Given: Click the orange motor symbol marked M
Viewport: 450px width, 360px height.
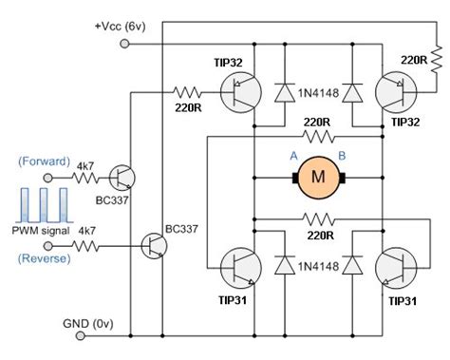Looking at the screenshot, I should [319, 176].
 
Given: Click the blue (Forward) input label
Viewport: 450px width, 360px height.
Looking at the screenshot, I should [43, 162].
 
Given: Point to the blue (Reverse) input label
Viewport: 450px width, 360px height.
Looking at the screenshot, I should [43, 258].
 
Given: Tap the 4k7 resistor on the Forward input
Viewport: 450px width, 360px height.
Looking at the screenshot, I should [86, 177].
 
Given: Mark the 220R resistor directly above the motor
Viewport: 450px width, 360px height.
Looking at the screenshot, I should [316, 136].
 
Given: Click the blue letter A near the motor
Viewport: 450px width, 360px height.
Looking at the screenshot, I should [293, 157].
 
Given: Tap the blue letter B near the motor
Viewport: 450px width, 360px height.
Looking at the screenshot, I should [344, 157].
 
